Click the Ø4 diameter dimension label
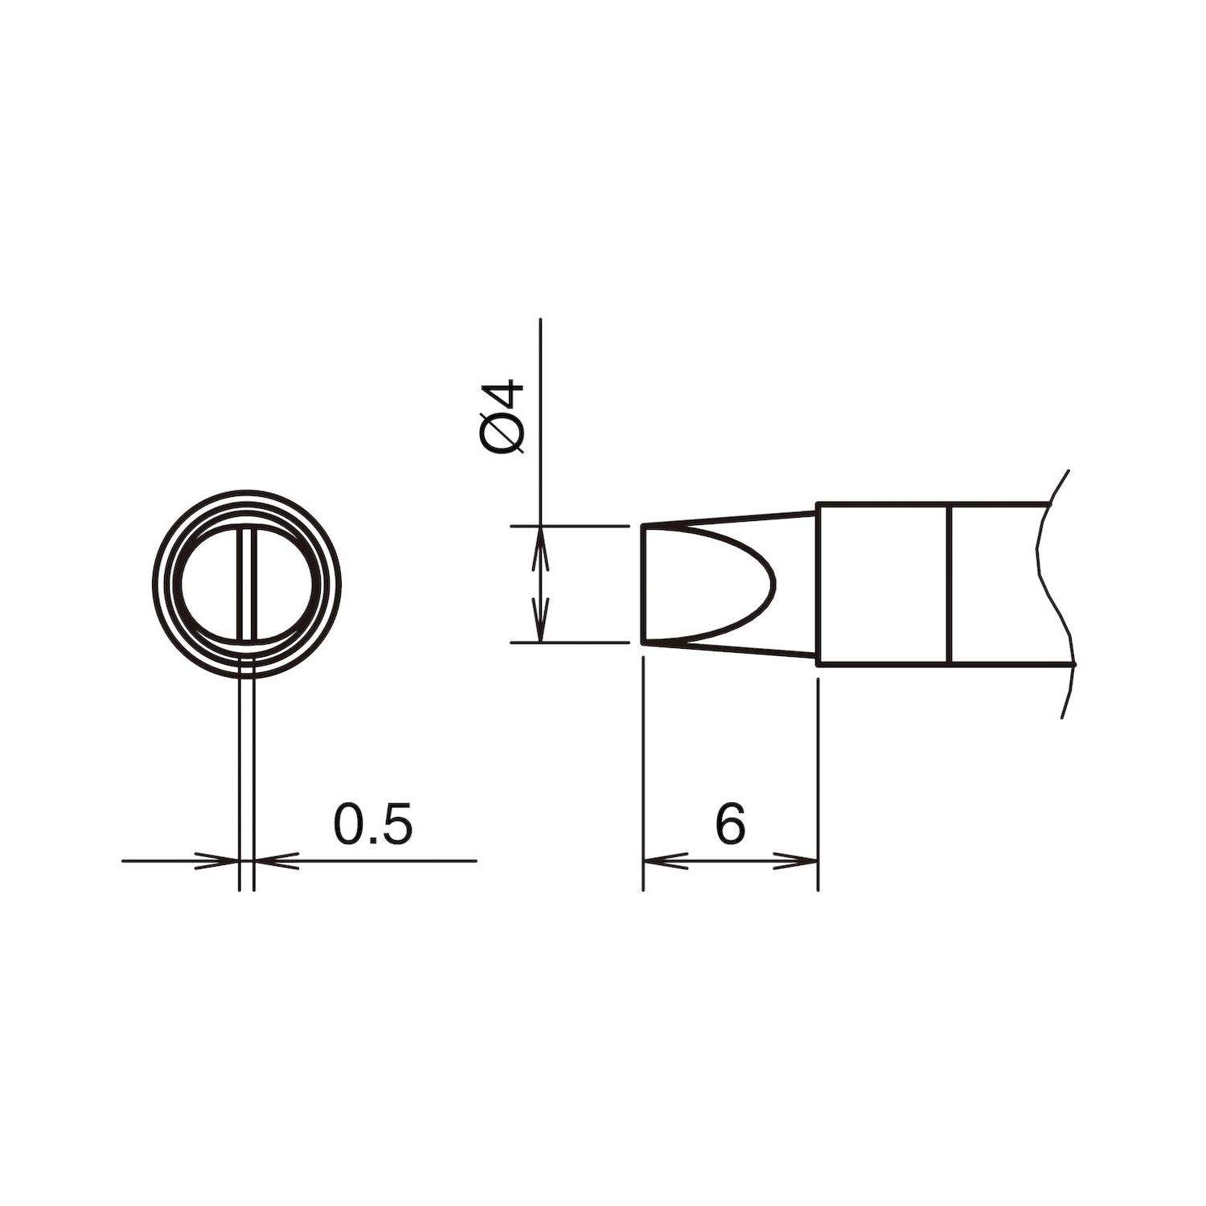coord(505,420)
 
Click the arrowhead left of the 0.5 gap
coord(220,861)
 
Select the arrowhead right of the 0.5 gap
coord(273,861)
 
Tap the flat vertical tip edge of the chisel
coord(642,585)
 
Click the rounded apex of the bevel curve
coord(773,585)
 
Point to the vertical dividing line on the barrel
coord(950,585)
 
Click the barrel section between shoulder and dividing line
coord(884,585)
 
